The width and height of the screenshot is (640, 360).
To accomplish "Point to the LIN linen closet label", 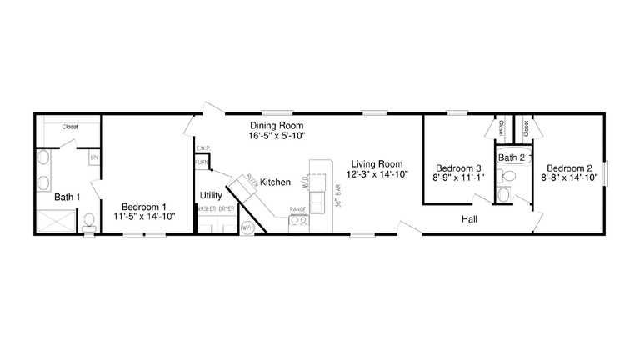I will click(x=93, y=157).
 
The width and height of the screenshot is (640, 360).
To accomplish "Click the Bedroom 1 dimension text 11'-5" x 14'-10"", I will click(x=145, y=217).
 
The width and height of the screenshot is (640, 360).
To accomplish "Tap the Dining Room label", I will click(x=272, y=125).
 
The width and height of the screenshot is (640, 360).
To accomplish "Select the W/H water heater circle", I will click(x=247, y=227).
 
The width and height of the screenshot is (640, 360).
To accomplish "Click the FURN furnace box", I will click(x=202, y=162).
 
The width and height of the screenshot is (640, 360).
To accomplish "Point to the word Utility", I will click(x=211, y=196).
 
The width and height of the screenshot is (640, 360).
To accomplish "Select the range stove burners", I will click(x=298, y=222).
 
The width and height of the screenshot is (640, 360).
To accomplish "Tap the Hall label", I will click(x=470, y=220).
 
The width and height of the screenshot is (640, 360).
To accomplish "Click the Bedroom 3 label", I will click(x=457, y=167).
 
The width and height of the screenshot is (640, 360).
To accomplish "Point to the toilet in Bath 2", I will click(x=505, y=193).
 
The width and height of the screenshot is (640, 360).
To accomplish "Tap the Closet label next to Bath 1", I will click(x=71, y=127).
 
